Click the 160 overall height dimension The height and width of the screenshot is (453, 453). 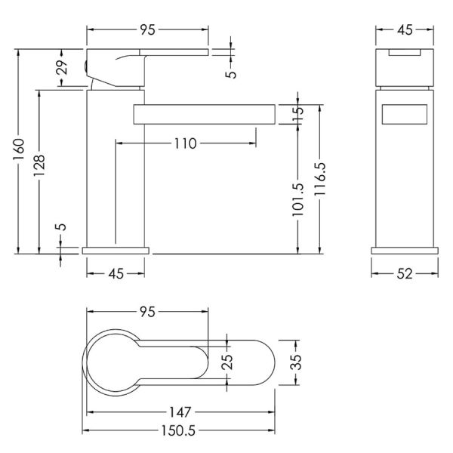click(x=18, y=149)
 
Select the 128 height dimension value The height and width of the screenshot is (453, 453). click(x=39, y=165)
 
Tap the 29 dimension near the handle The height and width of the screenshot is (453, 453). click(x=62, y=67)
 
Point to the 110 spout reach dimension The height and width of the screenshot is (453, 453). click(x=185, y=143)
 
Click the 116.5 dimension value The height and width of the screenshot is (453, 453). click(x=320, y=179)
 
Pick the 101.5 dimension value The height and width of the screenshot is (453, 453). click(x=298, y=199)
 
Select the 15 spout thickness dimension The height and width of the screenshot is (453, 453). click(x=298, y=115)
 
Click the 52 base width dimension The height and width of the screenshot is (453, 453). click(x=405, y=273)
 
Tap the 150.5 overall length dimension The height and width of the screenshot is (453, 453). click(x=178, y=430)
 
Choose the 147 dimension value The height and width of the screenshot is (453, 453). click(x=180, y=412)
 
